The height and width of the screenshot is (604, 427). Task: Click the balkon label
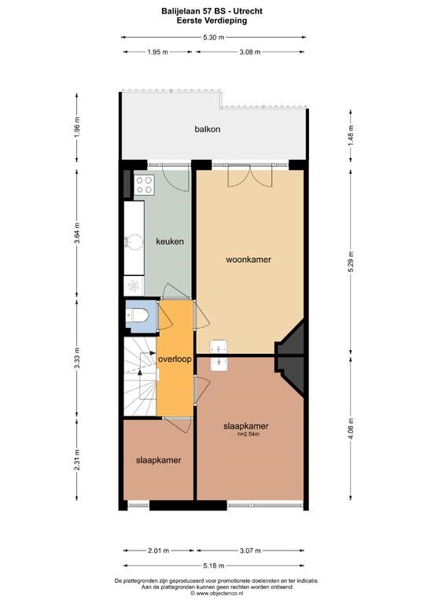pos(207,129)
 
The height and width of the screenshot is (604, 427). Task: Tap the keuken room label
pos(169,241)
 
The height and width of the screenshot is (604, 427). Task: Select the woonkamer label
pos(248,260)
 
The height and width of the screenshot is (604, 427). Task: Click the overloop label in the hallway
pos(175,359)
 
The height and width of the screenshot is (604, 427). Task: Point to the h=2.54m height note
pos(248,434)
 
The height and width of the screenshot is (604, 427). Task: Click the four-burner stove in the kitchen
pos(145,184)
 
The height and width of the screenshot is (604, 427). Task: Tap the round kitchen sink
pos(134,242)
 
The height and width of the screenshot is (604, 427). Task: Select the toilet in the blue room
pos(138,316)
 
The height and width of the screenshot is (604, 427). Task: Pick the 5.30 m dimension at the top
pos(214,38)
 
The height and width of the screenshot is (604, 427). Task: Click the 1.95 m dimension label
pos(157,52)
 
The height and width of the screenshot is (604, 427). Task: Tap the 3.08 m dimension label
pos(250,52)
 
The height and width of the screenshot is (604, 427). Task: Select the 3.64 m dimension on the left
pos(77,233)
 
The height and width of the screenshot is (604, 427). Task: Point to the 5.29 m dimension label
pos(351,262)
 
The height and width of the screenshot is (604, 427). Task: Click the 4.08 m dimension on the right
pos(351,429)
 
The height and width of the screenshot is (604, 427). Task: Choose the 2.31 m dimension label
pos(77,459)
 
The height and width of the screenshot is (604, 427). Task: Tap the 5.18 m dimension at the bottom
pos(214,565)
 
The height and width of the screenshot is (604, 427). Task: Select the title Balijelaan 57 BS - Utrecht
pos(212,12)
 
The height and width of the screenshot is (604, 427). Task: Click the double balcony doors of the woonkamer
pos(250,176)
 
